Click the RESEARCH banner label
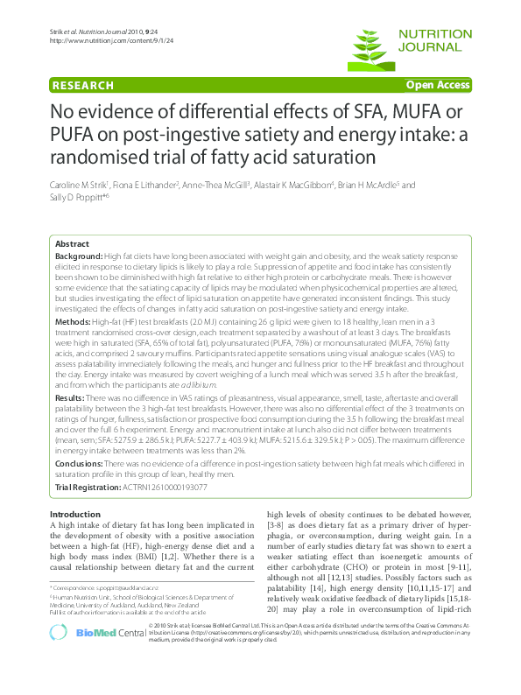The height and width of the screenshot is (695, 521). click(x=82, y=85)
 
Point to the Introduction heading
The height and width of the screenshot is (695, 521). click(x=76, y=514)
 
